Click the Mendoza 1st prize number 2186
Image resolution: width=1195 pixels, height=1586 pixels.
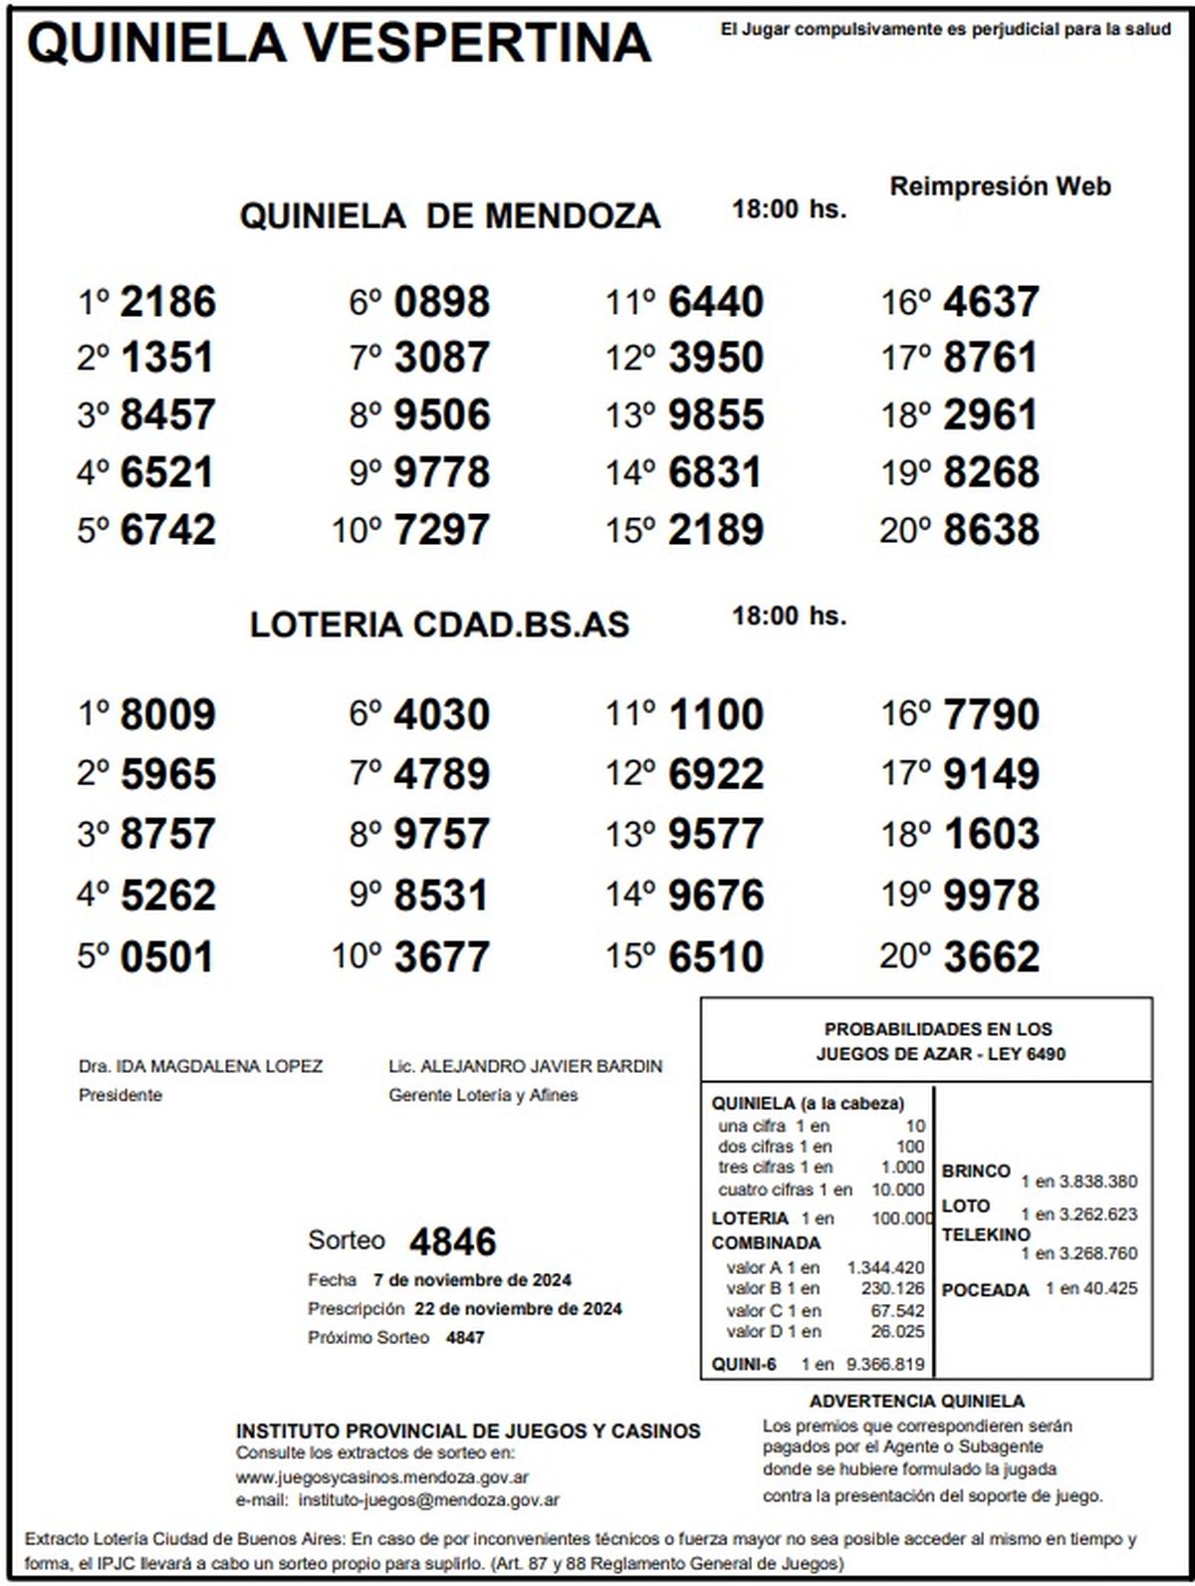(167, 302)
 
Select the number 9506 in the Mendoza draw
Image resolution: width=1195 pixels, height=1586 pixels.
(442, 415)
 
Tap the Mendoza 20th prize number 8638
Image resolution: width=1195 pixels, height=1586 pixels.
(991, 530)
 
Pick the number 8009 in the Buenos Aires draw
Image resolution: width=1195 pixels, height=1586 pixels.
(167, 715)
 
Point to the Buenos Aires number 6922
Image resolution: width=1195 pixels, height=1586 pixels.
(716, 774)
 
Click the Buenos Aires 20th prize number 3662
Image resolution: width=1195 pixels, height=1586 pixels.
(991, 956)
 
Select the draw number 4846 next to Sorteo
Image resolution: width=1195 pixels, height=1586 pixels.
(453, 1241)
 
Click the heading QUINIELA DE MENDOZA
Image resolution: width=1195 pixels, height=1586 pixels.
(449, 215)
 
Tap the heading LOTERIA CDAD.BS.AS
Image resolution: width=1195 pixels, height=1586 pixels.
(439, 625)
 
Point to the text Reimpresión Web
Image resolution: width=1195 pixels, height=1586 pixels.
(1000, 186)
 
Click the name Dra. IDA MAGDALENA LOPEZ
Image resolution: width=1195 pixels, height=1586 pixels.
(200, 1066)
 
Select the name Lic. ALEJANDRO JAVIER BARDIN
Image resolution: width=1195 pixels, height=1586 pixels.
(525, 1066)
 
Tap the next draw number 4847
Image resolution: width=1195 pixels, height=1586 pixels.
(465, 1337)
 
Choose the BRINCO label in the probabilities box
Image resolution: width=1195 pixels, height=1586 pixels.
(976, 1171)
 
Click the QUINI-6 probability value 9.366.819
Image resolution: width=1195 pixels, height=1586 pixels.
(885, 1364)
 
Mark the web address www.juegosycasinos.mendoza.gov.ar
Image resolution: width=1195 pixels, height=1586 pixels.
(382, 1477)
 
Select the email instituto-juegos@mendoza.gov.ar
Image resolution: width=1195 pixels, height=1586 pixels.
(428, 1499)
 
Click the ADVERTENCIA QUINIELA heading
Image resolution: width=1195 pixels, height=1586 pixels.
(916, 1401)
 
